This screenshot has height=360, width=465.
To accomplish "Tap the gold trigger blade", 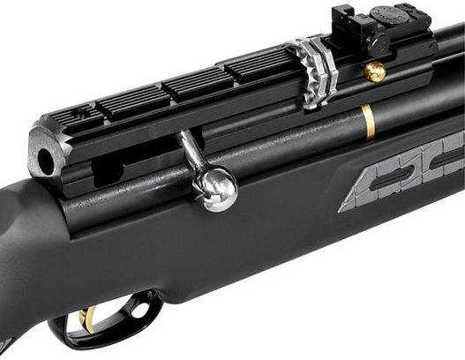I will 88,320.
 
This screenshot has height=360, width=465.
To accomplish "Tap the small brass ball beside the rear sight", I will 376,72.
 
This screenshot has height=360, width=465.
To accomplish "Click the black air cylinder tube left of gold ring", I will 291,141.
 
